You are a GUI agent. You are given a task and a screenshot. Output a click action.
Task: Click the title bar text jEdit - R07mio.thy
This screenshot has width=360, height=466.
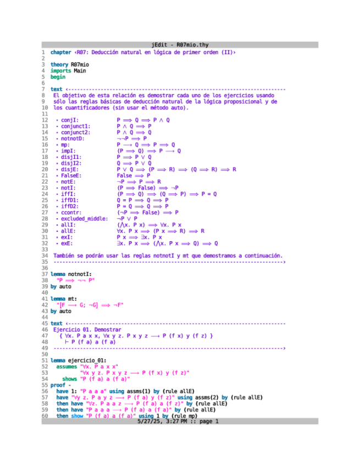click(180, 45)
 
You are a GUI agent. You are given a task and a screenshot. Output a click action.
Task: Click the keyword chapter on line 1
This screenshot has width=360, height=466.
click(60, 52)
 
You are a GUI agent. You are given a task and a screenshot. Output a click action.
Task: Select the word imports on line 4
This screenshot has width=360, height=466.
click(60, 70)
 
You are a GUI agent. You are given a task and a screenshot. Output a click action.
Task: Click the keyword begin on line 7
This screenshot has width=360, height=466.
click(58, 77)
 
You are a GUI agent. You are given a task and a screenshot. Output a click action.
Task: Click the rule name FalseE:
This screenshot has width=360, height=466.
click(72, 175)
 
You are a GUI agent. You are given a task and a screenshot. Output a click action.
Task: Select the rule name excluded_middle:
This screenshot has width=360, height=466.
click(84, 218)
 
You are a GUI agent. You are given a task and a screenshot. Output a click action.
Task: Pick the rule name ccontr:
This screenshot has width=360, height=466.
click(72, 212)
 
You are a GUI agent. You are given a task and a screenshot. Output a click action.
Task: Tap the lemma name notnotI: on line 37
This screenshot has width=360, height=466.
click(80, 274)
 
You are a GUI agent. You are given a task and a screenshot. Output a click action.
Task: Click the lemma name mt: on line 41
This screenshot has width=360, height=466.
click(72, 298)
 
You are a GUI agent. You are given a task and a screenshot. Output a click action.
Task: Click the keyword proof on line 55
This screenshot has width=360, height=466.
click(58, 385)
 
